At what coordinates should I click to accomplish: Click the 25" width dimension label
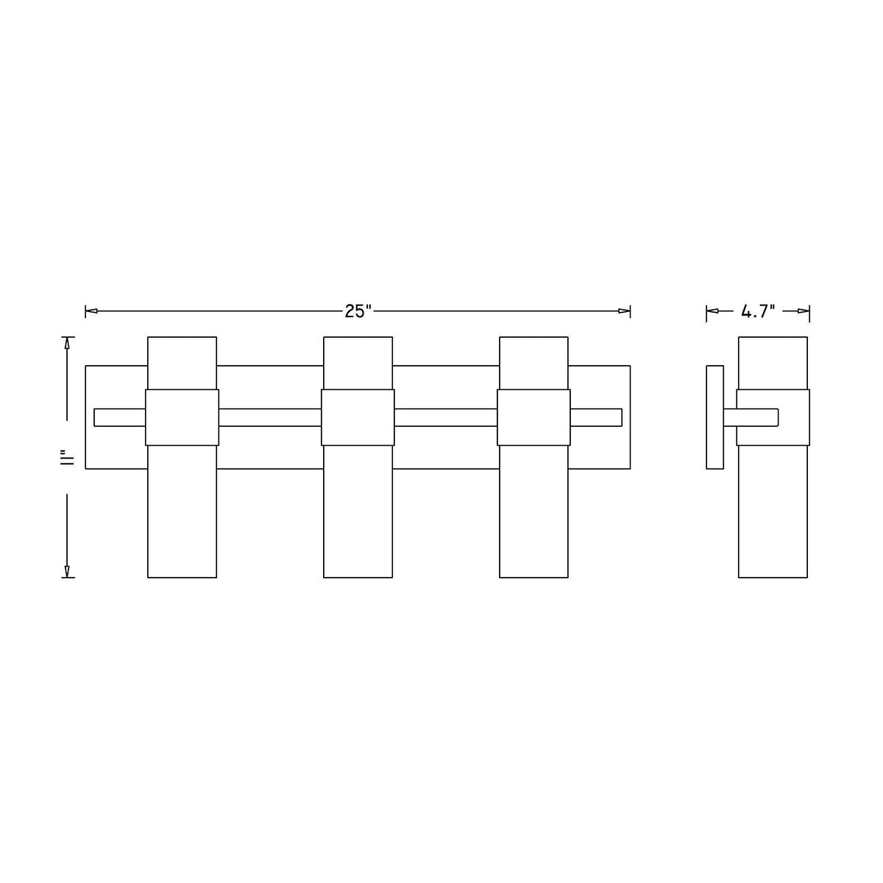click(x=358, y=311)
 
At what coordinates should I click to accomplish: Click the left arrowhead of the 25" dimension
click(x=91, y=311)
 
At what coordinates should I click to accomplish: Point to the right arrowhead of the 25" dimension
click(x=624, y=311)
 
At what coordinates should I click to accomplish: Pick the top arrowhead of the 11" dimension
click(x=67, y=343)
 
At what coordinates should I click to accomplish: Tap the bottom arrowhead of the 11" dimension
click(x=67, y=572)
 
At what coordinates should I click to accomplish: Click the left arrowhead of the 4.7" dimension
click(x=712, y=311)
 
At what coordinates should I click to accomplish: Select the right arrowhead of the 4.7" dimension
click(x=804, y=311)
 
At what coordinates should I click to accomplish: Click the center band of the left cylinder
click(x=182, y=417)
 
